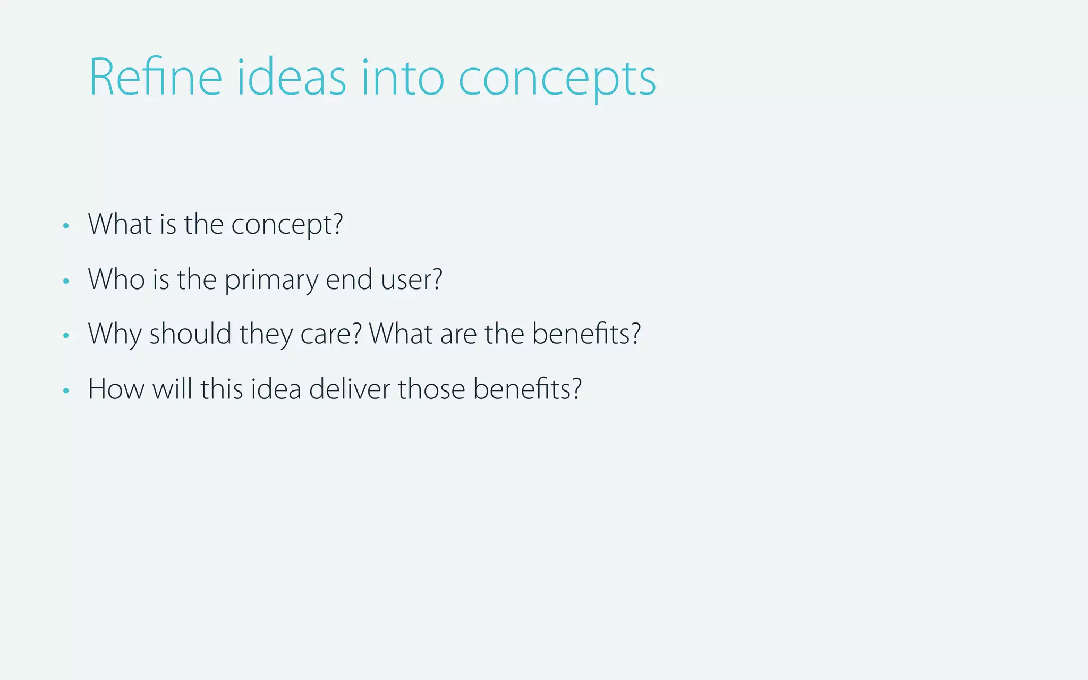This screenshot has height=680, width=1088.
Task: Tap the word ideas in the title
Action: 291,78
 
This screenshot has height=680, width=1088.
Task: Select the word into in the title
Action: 402,78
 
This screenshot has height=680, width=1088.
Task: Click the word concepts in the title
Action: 557,80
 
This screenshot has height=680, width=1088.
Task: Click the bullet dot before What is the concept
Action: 66,226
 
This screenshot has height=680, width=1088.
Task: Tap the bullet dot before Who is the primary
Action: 66,281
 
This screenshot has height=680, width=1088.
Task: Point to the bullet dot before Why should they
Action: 66,336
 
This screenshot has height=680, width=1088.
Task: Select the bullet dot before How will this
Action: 66,391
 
